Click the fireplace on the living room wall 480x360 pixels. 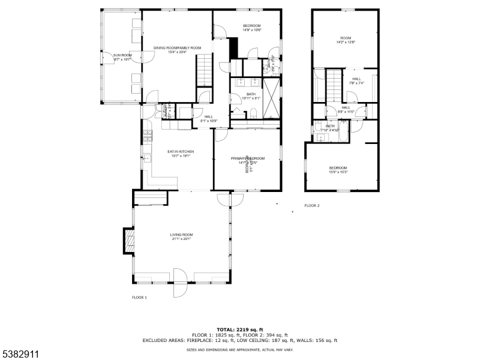coord(128,241)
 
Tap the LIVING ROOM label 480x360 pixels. coord(181,236)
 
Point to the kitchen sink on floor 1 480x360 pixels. coord(145,159)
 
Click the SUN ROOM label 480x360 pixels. coord(122,57)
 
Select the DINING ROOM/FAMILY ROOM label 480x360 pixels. coord(177,50)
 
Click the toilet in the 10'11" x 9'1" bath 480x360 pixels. coord(253,112)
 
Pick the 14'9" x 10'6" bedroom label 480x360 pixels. coord(251,28)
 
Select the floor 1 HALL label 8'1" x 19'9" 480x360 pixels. coord(208,118)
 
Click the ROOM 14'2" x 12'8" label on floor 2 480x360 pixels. coord(345,40)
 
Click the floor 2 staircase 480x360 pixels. coord(333,84)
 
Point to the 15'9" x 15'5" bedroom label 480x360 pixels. coord(338,170)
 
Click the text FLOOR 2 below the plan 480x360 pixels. coord(312,206)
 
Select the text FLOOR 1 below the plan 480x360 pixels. coord(139,298)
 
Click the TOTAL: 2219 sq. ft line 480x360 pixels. coord(240,329)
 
